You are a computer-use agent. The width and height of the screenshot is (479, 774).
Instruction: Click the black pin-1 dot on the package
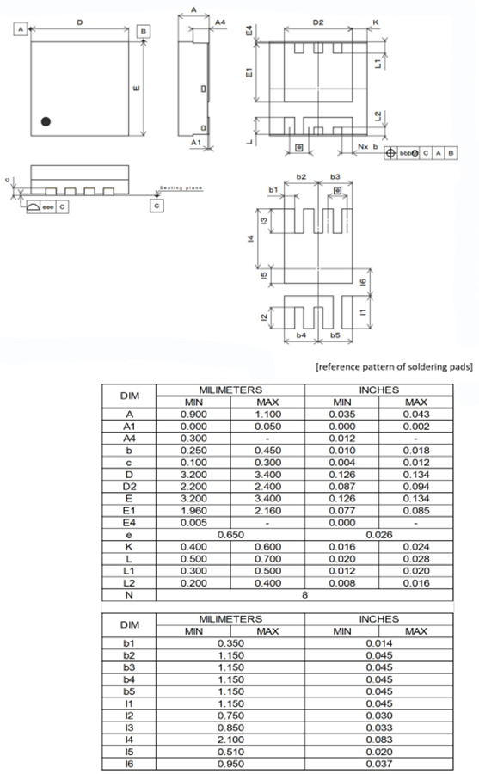click(x=47, y=122)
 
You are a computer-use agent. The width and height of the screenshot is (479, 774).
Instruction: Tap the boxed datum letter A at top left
click(x=19, y=28)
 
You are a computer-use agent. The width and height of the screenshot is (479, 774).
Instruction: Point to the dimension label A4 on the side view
click(x=220, y=21)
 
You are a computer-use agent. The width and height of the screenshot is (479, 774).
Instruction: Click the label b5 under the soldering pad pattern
click(x=335, y=334)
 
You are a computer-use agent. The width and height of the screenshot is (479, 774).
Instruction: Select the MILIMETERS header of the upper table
click(x=230, y=390)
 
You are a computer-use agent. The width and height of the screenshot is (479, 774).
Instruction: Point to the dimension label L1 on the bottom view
click(x=378, y=63)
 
